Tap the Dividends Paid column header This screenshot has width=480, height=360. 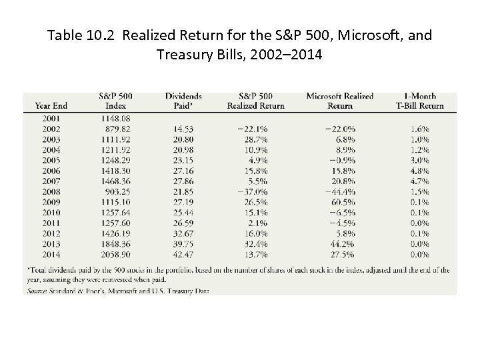[183, 101]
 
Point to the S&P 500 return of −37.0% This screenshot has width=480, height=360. [256, 191]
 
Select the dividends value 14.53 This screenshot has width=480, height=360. [183, 129]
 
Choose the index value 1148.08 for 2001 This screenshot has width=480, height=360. [115, 119]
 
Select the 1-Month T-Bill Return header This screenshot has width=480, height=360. [420, 101]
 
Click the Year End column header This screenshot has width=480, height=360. [51, 105]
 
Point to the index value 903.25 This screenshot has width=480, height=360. [117, 191]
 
